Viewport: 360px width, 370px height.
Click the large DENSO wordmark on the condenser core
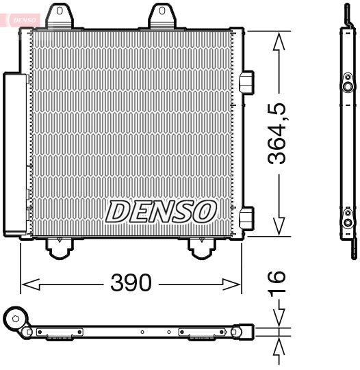(161, 212)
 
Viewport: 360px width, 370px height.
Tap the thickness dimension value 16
(277, 286)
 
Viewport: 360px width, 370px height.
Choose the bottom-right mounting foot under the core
(201, 247)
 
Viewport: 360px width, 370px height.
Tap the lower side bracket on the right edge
(248, 217)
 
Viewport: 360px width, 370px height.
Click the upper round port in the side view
(348, 87)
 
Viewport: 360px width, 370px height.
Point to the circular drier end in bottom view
(15, 317)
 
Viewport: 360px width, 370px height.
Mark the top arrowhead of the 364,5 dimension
(277, 40)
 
